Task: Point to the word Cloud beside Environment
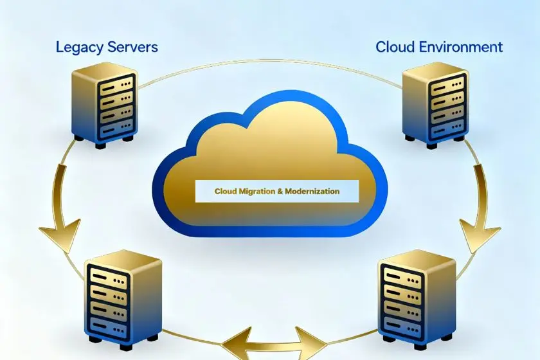click(394, 47)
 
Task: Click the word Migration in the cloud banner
click(258, 192)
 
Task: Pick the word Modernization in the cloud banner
click(312, 192)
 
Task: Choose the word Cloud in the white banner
click(226, 192)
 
